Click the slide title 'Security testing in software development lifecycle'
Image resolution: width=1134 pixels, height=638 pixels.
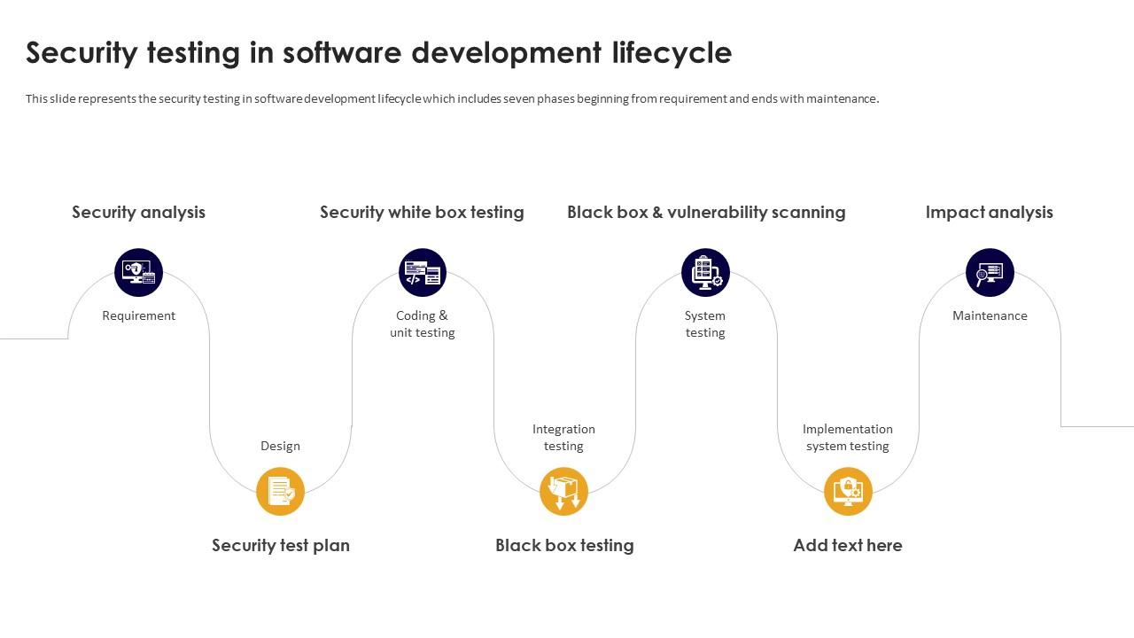[x=378, y=53]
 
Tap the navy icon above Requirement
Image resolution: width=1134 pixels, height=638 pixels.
[x=139, y=272]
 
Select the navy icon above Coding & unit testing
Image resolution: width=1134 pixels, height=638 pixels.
[x=423, y=272]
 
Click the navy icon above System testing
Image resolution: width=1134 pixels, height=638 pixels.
[x=705, y=272]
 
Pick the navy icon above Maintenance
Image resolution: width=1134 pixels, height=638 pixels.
[x=990, y=272]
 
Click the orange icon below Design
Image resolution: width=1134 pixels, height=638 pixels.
[x=280, y=492]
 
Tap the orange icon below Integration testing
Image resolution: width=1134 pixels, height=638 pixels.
[x=563, y=492]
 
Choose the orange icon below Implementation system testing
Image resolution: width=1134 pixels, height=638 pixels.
[x=848, y=492]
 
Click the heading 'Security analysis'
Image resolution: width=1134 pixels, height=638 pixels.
[x=138, y=212]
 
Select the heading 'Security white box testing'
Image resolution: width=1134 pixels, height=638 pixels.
[x=422, y=212]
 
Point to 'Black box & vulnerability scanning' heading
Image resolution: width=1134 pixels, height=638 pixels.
[x=706, y=212]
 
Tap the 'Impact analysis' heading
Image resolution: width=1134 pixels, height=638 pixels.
[x=989, y=212]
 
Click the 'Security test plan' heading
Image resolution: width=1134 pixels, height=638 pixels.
[x=281, y=545]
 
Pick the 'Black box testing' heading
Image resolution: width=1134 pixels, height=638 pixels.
[x=564, y=545]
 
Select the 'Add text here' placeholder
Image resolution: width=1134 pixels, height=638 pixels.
[x=848, y=545]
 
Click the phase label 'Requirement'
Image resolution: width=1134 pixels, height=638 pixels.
[x=138, y=315]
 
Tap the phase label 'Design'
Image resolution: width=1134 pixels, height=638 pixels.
[x=280, y=446]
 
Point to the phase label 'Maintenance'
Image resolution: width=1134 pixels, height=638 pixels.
[x=990, y=315]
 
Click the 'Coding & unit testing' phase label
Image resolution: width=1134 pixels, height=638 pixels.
[x=423, y=324]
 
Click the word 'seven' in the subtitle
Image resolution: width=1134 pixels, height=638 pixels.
[x=518, y=99]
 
